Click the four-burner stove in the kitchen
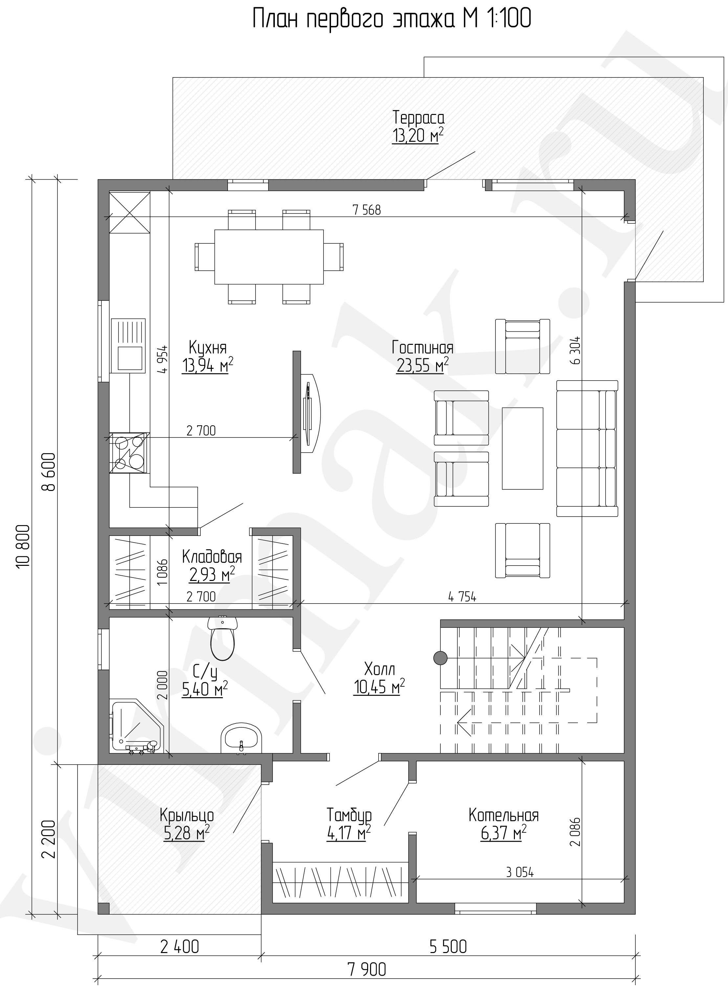pyautogui.click(x=129, y=453)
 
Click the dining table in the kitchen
pyautogui.click(x=269, y=256)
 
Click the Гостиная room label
pyautogui.click(x=423, y=348)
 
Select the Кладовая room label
pyautogui.click(x=212, y=557)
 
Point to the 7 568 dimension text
pyautogui.click(x=367, y=210)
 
